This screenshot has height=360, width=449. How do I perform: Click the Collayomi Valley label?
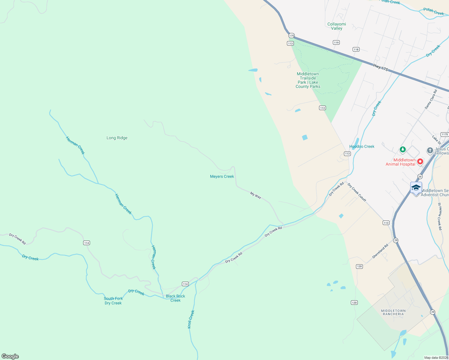(x=336, y=26)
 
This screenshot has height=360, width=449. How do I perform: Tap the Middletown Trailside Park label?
(x=308, y=80)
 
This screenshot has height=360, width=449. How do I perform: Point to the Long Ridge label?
(x=117, y=138)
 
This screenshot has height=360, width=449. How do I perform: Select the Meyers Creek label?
(x=222, y=176)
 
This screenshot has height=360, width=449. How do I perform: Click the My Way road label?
(x=256, y=196)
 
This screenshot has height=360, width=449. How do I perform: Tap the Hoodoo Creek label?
(x=362, y=146)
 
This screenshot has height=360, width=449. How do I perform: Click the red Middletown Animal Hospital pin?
(x=420, y=161)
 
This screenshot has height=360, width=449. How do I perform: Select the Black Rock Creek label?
(x=175, y=298)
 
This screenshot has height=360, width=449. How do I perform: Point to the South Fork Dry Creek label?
(x=113, y=301)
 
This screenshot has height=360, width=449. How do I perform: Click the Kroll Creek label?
(x=191, y=319)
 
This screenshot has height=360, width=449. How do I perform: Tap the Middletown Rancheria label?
(x=393, y=312)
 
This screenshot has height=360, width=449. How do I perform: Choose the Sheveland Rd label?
(x=380, y=251)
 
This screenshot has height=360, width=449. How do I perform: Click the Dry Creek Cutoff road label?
(x=357, y=192)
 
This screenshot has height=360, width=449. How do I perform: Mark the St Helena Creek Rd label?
(x=440, y=216)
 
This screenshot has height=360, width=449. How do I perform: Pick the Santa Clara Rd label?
(x=431, y=99)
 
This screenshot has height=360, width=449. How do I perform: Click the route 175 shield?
(x=291, y=36)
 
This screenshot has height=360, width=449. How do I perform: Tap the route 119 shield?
(x=336, y=43)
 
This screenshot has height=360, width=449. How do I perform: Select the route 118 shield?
(x=356, y=49)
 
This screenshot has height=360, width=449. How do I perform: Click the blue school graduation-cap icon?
(x=416, y=188)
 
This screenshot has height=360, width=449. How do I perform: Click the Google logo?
(x=10, y=356)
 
